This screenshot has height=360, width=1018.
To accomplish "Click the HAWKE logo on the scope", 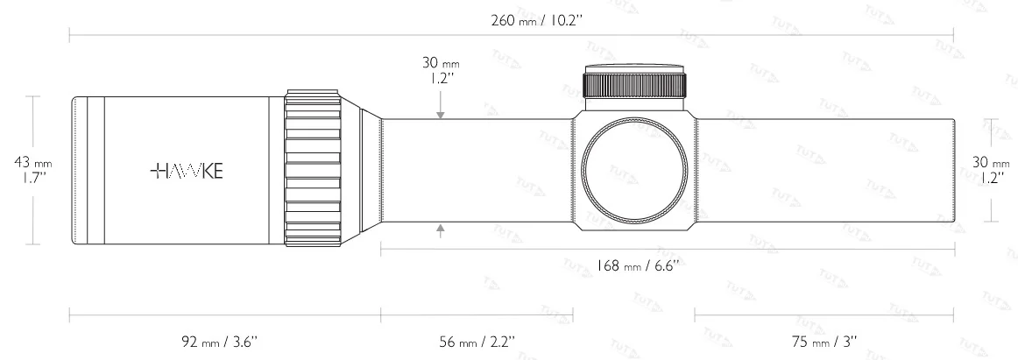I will click(186, 172).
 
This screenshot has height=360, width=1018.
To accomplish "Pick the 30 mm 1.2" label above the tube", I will click(441, 70).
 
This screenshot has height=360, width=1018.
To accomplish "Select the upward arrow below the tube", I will click(441, 230).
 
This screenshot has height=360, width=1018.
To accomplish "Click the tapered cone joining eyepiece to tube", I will click(370, 171).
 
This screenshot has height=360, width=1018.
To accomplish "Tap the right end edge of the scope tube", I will click(953, 171).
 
